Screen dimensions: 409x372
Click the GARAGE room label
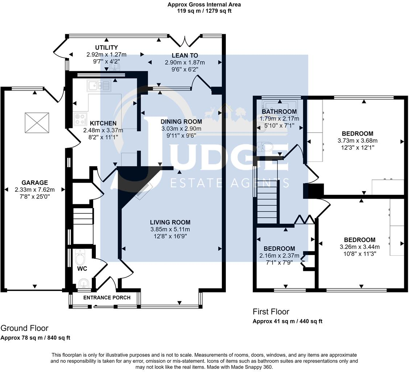(x=35, y=182)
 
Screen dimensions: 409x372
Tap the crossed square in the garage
(x=37, y=122)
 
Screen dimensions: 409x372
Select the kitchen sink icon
(x=99, y=85)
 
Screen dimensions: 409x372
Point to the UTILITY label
(x=107, y=47)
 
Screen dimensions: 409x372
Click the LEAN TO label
(x=185, y=56)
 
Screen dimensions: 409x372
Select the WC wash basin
(x=83, y=283)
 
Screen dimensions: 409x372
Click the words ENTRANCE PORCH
(x=107, y=298)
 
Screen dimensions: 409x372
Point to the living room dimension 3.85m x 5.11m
(x=170, y=229)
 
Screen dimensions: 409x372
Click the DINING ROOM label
(x=181, y=122)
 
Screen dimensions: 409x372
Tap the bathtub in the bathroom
(x=280, y=105)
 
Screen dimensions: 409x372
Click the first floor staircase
(x=267, y=201)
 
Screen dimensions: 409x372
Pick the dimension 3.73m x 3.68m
(x=358, y=141)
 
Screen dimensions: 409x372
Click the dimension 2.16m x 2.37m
(x=279, y=255)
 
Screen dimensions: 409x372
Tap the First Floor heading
(x=271, y=312)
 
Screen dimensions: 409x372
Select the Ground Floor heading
(x=25, y=328)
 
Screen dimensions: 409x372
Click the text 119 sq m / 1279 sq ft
(x=204, y=11)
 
